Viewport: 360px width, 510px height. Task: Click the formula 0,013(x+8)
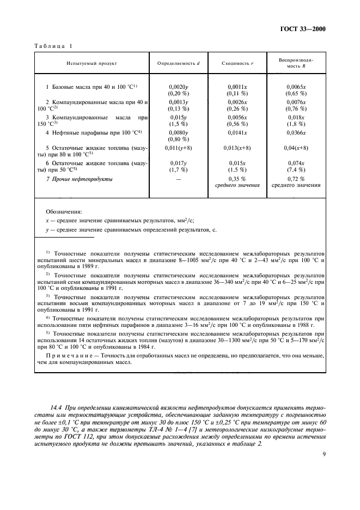(x=237, y=148)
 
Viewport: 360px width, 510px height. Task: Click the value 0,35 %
(x=237, y=178)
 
